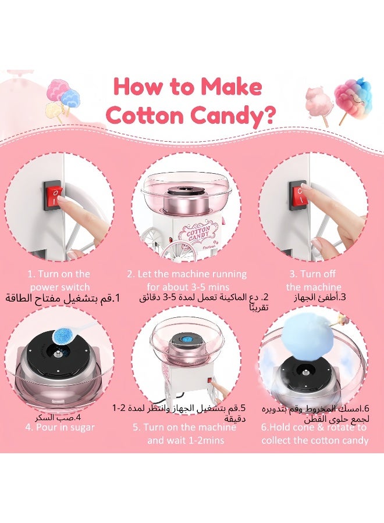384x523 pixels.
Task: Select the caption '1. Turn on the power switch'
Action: [x=59, y=280]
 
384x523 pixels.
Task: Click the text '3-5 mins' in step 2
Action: [x=205, y=286]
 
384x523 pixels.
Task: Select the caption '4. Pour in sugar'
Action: [x=60, y=427]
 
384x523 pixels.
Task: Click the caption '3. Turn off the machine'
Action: [x=313, y=280]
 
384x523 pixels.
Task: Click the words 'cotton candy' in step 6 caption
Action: [x=340, y=440]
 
